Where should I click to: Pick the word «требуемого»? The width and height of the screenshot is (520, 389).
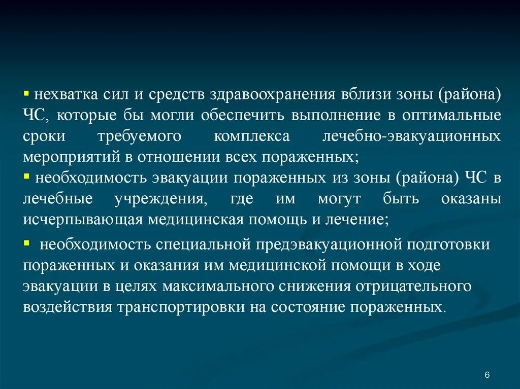tap(137, 136)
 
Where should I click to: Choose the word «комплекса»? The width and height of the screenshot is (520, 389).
tap(252, 136)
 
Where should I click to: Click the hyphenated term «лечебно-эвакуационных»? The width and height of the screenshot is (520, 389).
tap(412, 136)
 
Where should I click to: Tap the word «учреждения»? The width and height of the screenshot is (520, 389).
tap(161, 199)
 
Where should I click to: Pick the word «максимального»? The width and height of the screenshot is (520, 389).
tap(223, 287)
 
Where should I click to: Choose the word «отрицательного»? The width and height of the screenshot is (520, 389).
tap(407, 287)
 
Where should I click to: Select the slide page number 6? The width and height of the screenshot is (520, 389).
tap(487, 375)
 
